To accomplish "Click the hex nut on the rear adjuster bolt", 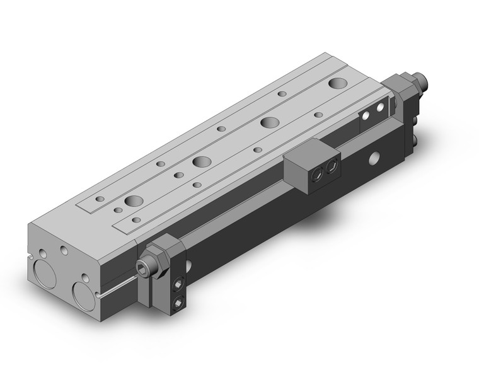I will [401, 82].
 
